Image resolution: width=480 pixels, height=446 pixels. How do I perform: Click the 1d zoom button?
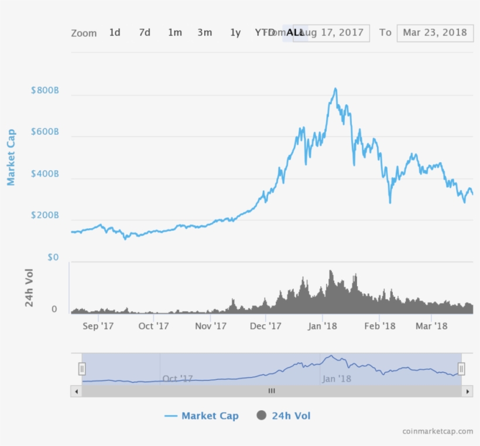point(115,33)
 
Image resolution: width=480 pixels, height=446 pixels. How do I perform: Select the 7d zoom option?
point(145,33)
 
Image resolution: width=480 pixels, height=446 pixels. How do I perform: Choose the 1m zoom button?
point(174,33)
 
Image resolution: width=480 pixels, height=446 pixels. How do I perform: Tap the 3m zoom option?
point(204,33)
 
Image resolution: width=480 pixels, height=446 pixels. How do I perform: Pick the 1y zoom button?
point(235,33)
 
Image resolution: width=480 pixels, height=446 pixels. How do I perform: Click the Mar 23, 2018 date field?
point(434,33)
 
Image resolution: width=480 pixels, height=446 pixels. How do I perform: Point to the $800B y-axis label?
point(45,91)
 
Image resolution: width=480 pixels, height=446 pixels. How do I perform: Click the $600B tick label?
point(45,133)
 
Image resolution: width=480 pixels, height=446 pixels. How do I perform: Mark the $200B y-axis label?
point(45,216)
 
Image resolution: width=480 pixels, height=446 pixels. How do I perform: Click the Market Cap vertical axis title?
point(11,157)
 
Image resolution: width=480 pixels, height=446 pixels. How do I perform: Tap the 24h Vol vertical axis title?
point(29,287)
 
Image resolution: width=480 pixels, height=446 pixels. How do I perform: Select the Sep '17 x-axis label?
point(98,326)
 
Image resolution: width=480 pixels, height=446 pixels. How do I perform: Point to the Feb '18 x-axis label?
point(380,326)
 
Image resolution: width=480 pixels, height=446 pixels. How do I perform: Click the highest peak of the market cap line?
point(335,89)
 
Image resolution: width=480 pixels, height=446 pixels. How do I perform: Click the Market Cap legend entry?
point(202,416)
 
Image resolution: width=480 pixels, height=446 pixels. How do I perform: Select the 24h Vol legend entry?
point(284,416)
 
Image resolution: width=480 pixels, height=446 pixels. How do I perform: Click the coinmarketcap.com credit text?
point(437,431)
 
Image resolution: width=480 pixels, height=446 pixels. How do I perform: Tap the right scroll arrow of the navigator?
point(467,390)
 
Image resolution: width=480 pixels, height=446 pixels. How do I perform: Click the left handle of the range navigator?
point(82,369)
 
